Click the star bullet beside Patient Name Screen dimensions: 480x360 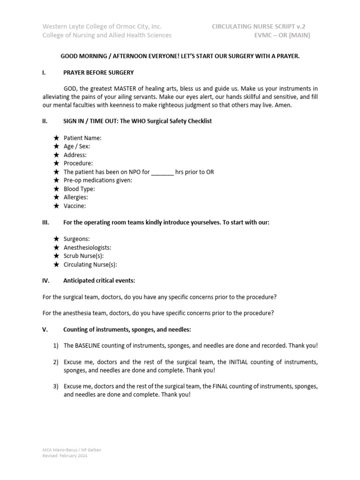click(56, 138)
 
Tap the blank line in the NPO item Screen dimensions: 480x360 click(163, 172)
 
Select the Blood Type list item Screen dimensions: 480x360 click(79, 189)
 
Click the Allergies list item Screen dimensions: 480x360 click(75, 197)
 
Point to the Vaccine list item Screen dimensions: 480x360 click(75, 206)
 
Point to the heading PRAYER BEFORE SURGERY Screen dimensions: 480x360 click(98, 73)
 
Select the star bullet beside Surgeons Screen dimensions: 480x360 click(56, 239)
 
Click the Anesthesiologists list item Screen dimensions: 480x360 click(87, 247)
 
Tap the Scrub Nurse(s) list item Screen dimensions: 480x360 click(83, 256)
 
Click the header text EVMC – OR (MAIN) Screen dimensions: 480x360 click(281, 35)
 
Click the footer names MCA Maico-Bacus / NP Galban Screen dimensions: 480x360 click(72, 450)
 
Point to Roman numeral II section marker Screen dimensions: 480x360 click(45, 121)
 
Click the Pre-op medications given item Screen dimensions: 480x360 click(98, 180)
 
